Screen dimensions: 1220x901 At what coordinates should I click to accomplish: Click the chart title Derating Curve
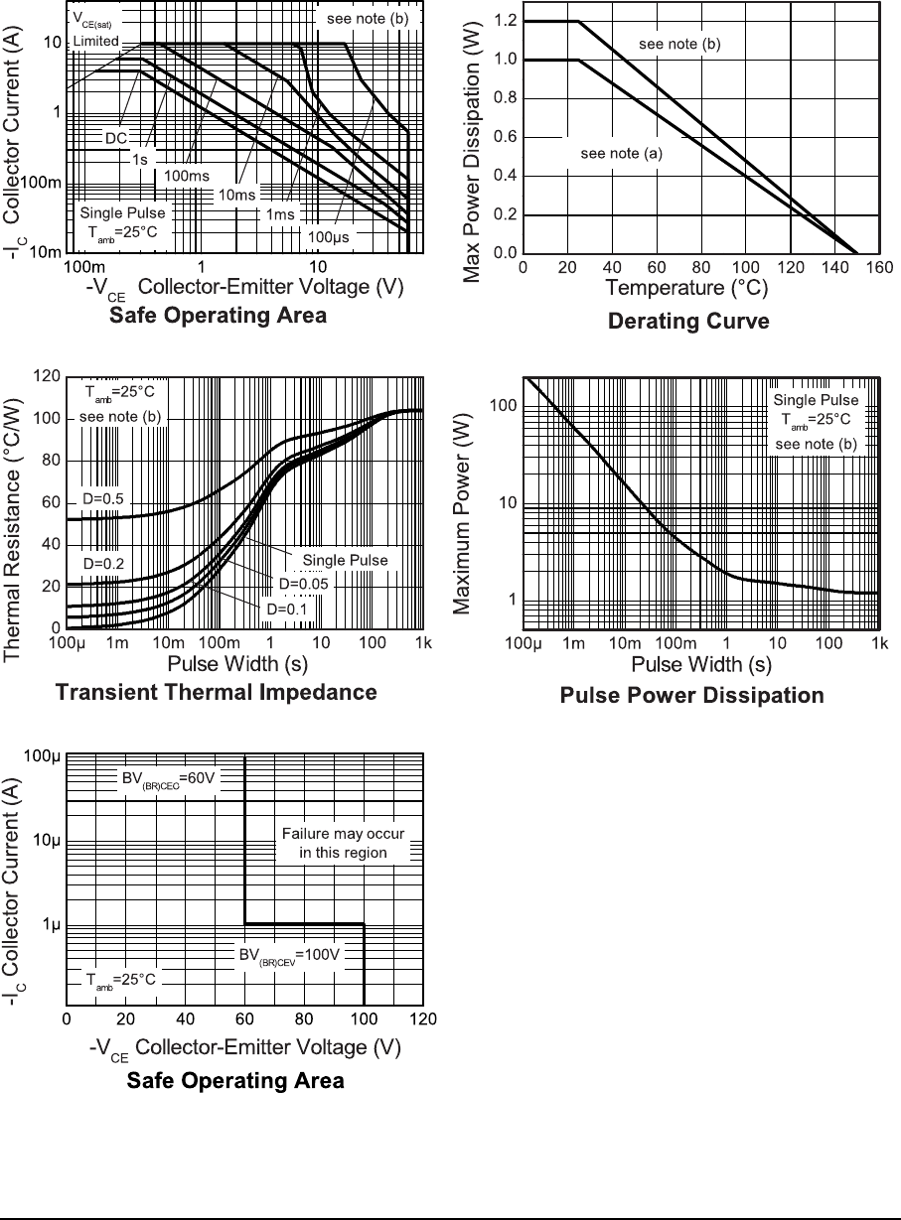tap(687, 322)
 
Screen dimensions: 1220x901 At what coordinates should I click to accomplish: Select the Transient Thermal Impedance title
tap(217, 692)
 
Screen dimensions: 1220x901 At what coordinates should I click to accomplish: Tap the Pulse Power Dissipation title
tap(691, 695)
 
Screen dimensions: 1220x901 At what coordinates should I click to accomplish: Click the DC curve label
tap(117, 138)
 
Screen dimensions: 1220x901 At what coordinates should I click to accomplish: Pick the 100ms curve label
tap(186, 176)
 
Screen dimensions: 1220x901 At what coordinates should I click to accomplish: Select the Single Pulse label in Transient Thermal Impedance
tap(347, 560)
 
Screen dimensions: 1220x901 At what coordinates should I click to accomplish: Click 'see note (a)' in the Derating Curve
tap(621, 154)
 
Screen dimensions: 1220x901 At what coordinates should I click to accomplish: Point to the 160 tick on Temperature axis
tap(877, 268)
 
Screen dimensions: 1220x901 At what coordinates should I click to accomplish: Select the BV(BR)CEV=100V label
tap(288, 955)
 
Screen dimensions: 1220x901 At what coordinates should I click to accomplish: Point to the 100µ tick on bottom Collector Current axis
tap(45, 757)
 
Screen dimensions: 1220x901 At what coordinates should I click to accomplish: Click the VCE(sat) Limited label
tap(97, 30)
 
